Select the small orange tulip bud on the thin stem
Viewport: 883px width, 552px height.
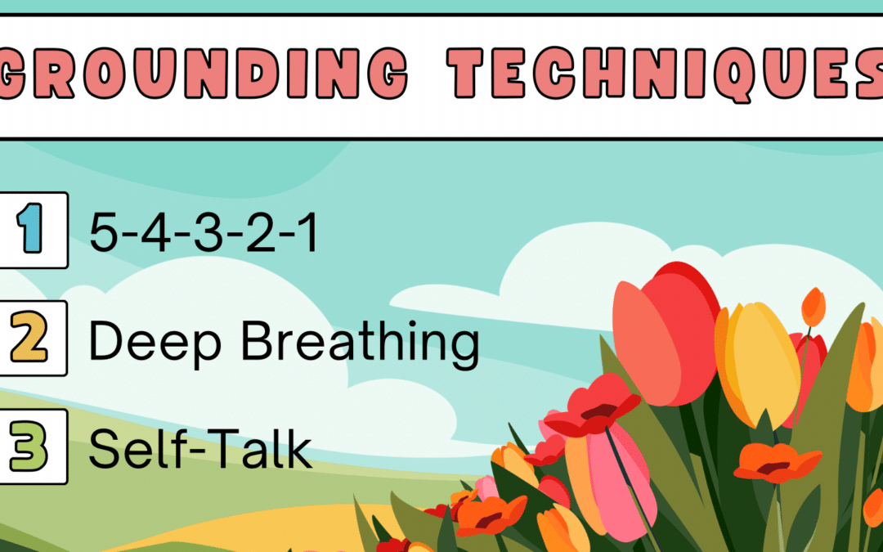pos(813,307)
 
